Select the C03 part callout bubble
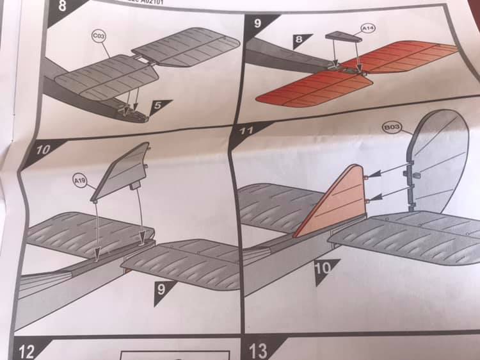[99, 37]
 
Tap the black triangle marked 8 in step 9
[300, 41]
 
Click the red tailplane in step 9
[358, 74]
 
